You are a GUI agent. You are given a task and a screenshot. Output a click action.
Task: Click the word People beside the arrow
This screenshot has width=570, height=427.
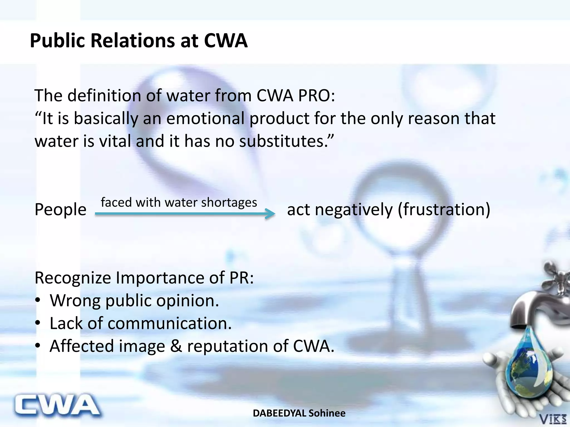click(x=60, y=210)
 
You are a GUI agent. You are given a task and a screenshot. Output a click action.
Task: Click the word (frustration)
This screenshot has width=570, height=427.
click(x=444, y=210)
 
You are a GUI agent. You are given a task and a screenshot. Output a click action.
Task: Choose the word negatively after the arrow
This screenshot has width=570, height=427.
click(x=353, y=210)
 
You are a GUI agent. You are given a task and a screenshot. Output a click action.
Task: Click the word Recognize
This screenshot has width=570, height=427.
click(x=73, y=278)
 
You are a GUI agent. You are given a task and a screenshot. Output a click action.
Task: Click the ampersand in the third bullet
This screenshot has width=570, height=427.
click(x=176, y=346)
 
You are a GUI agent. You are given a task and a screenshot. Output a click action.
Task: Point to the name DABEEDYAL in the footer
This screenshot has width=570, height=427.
click(x=279, y=413)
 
